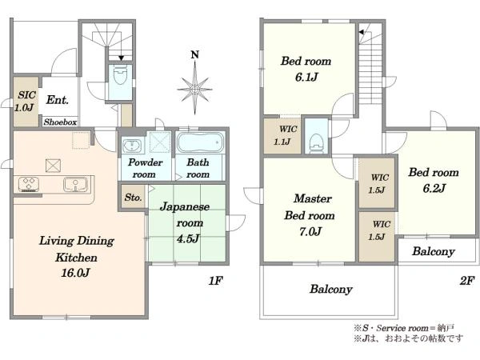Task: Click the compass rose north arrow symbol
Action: (x=195, y=88)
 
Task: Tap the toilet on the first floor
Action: (x=120, y=75)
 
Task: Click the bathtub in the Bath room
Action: (x=200, y=142)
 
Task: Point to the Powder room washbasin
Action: (x=132, y=146)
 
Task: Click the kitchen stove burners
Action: (x=29, y=184)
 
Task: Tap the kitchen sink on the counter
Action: (x=75, y=184)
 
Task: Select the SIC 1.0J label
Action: (x=25, y=101)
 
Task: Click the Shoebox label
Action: (x=60, y=122)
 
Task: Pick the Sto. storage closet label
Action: (x=133, y=198)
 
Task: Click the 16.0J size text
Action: (x=75, y=272)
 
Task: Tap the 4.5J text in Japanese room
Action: (x=188, y=238)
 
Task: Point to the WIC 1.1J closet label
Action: (x=284, y=135)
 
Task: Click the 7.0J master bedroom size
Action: (x=310, y=231)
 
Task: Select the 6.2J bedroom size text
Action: (x=434, y=188)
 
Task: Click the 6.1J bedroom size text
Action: (x=306, y=77)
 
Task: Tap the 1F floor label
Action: (x=215, y=281)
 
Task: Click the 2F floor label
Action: (x=467, y=281)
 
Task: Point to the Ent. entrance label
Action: (x=58, y=100)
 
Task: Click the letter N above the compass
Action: (x=195, y=54)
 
